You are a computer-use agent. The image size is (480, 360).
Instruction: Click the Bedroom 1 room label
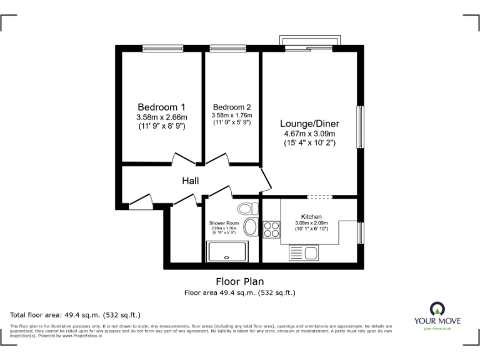161,106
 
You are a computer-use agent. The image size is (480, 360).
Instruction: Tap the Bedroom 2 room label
231,106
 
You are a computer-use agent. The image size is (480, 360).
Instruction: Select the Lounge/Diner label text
308,123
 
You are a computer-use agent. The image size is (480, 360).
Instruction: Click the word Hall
191,181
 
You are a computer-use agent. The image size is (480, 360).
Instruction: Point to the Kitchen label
311,217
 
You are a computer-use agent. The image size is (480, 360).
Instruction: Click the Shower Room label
224,222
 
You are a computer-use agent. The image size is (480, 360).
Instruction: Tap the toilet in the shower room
248,208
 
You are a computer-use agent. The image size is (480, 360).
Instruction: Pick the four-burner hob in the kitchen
272,229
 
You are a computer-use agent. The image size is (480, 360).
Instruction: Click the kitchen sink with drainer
304,253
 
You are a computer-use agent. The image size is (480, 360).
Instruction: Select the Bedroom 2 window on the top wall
223,48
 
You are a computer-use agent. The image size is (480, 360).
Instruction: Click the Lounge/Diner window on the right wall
360,127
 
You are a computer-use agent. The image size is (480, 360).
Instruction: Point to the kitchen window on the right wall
360,232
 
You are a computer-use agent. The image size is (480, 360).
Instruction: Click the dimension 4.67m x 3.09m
308,133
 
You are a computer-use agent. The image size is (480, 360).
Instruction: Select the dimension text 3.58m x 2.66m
161,116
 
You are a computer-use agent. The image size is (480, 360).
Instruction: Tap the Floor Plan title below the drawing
239,282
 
